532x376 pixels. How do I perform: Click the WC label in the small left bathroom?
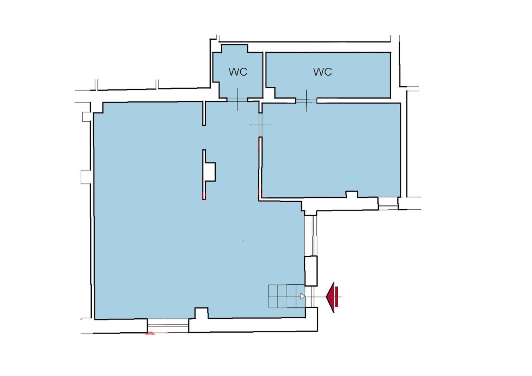tap(238, 72)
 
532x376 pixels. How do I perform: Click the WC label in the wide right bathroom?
tap(322, 72)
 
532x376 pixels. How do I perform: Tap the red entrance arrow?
tap(332, 298)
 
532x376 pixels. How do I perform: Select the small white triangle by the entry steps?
tap(303, 296)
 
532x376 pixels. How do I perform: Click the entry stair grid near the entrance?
tap(287, 296)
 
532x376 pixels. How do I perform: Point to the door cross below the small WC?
tap(238, 99)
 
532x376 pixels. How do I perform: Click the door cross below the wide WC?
tap(306, 101)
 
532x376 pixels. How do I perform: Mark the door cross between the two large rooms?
tap(260, 125)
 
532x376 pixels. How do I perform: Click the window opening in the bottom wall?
tap(168, 326)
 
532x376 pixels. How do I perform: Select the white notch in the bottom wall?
tap(201, 313)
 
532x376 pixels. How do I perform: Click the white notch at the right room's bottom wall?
tap(352, 194)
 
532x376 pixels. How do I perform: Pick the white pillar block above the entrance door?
tap(311, 271)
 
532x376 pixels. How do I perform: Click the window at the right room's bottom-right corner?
tap(388, 203)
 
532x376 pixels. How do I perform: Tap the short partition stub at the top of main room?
tap(204, 113)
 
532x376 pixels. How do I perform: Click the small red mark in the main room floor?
tap(243, 241)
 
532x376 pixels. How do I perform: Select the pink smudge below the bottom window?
tap(150, 333)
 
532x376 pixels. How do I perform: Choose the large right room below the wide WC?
tap(331, 150)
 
